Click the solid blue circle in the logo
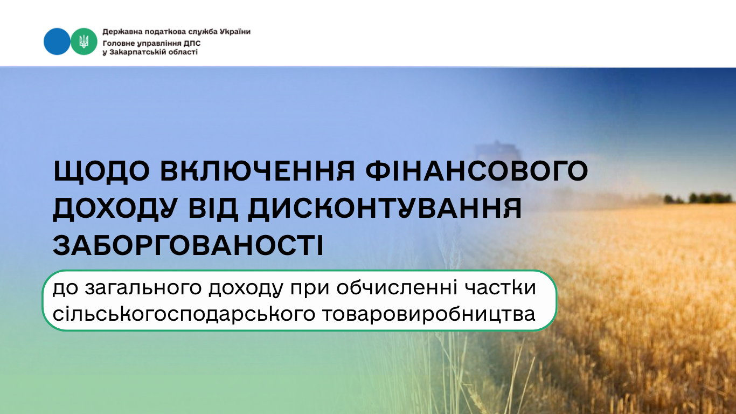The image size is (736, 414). click(57, 42)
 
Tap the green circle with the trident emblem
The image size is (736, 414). click(84, 42)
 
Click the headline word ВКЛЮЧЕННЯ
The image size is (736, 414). click(258, 171)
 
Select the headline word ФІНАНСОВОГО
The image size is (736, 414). click(477, 171)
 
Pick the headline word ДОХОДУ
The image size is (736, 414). click(115, 209)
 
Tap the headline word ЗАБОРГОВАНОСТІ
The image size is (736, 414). click(188, 245)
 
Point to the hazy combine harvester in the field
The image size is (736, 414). click(498, 153)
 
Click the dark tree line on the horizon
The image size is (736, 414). click(699, 198)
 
